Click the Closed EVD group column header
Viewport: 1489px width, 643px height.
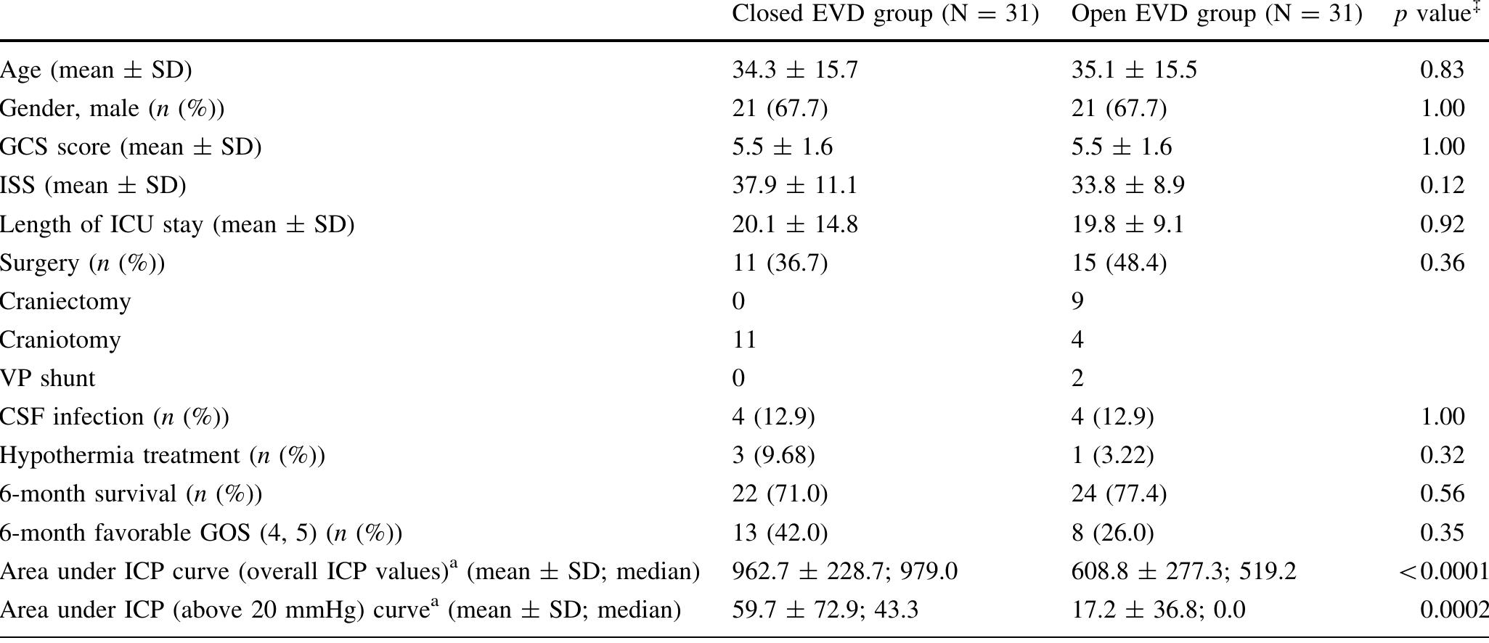pyautogui.click(x=885, y=15)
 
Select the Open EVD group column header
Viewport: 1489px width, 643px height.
pyautogui.click(x=1216, y=15)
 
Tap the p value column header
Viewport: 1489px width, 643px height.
pyautogui.click(x=1437, y=15)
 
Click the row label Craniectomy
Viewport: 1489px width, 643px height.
pyautogui.click(x=65, y=301)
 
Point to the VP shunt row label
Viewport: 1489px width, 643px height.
pyautogui.click(x=47, y=378)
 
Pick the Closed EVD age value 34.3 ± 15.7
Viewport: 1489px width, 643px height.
pyautogui.click(x=795, y=70)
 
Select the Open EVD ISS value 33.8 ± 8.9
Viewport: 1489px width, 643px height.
pyautogui.click(x=1127, y=185)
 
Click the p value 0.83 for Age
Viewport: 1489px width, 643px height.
pyautogui.click(x=1442, y=70)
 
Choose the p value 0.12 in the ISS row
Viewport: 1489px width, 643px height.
pyautogui.click(x=1442, y=185)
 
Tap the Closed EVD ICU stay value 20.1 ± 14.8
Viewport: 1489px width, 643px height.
pyautogui.click(x=795, y=224)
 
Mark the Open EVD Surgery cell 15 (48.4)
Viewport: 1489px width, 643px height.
pyautogui.click(x=1119, y=263)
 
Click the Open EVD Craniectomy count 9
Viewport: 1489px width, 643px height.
pyautogui.click(x=1077, y=301)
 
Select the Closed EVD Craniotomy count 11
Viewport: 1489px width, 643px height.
pyautogui.click(x=744, y=340)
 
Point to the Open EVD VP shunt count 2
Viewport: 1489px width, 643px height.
pyautogui.click(x=1077, y=378)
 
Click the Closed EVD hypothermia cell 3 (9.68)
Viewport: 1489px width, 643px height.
pyautogui.click(x=773, y=455)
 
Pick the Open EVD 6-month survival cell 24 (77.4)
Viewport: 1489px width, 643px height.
pyautogui.click(x=1119, y=493)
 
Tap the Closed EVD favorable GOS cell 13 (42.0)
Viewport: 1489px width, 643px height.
pyautogui.click(x=780, y=533)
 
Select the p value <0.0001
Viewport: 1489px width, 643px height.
pyautogui.click(x=1443, y=572)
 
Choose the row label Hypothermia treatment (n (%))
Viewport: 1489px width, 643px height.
pyautogui.click(x=163, y=455)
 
